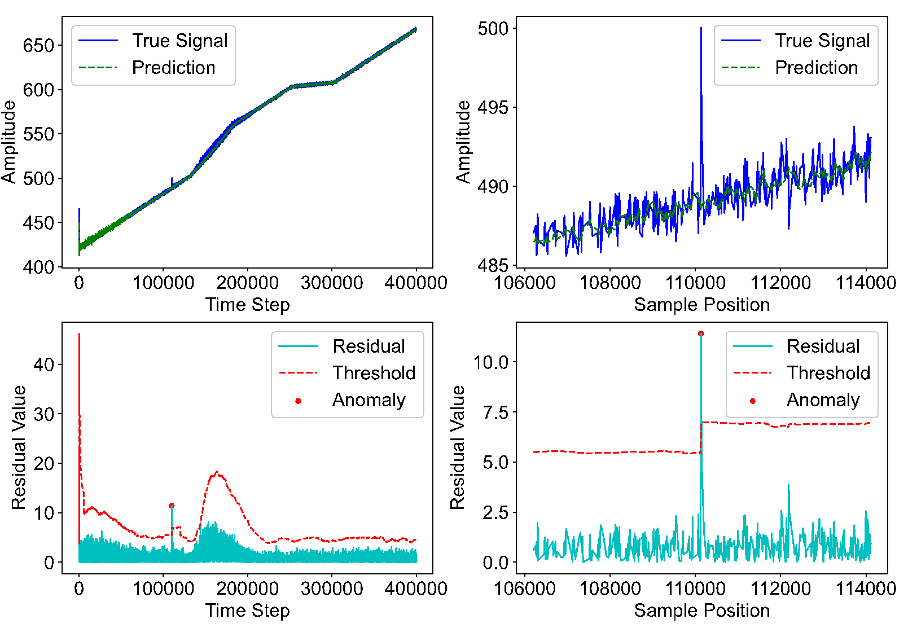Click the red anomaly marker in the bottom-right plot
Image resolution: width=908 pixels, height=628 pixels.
[701, 333]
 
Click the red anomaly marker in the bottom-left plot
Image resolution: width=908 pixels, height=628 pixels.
[172, 506]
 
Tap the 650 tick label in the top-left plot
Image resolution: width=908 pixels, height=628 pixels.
[38, 45]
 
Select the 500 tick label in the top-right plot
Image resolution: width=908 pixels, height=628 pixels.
[493, 29]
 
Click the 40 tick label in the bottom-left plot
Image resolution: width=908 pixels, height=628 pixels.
[43, 364]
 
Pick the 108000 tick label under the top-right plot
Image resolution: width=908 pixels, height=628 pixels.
[610, 283]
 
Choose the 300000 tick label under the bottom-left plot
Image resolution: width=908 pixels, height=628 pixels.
[332, 589]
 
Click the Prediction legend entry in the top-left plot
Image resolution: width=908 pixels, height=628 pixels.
[173, 67]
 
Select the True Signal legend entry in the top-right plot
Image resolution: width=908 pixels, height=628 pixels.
[822, 41]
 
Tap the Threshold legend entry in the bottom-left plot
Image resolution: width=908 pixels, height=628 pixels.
[374, 372]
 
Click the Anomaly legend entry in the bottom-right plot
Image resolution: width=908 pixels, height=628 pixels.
[823, 400]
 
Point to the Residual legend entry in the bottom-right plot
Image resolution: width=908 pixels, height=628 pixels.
[823, 346]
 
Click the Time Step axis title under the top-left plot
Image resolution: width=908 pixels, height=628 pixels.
[247, 305]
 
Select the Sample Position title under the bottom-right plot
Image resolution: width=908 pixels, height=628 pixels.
[701, 610]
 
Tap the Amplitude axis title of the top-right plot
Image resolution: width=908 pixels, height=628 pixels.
[463, 142]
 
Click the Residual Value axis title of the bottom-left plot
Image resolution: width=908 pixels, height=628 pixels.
[19, 447]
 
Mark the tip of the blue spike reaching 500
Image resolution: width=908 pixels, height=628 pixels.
[701, 28]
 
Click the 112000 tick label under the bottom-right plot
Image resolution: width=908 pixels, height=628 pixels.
[780, 589]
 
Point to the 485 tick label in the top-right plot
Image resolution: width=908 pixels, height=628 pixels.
[493, 266]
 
